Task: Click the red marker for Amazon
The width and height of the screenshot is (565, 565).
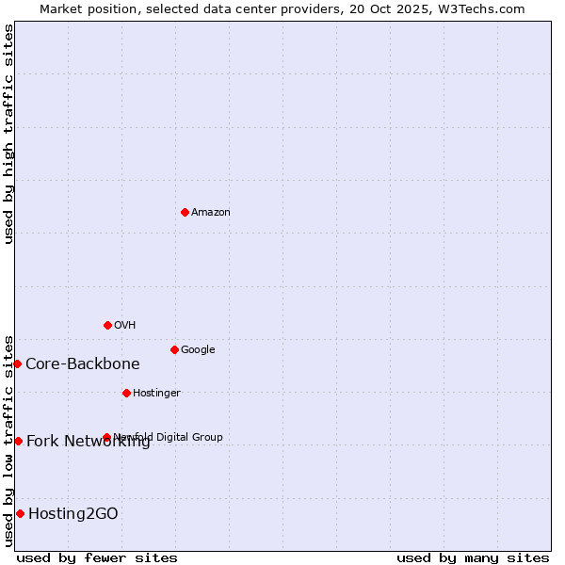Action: pyautogui.click(x=185, y=212)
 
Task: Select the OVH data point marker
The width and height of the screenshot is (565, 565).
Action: pyautogui.click(x=107, y=325)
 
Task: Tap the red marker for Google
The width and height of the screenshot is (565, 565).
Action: pyautogui.click(x=174, y=349)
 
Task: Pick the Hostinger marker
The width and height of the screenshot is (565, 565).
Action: pyautogui.click(x=126, y=393)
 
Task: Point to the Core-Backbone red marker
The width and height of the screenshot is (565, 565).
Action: pyautogui.click(x=17, y=363)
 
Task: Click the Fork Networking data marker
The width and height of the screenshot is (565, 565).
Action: pyautogui.click(x=18, y=441)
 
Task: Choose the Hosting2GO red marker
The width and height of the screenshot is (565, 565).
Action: pyautogui.click(x=20, y=513)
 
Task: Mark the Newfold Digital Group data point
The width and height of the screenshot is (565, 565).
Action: pyautogui.click(x=106, y=437)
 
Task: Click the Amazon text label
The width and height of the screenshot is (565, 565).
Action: pyautogui.click(x=211, y=212)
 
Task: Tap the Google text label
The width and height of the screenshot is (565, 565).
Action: pyautogui.click(x=198, y=349)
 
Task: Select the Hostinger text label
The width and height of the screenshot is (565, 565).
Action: pyautogui.click(x=156, y=393)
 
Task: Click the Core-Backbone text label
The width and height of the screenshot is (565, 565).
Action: pyautogui.click(x=83, y=363)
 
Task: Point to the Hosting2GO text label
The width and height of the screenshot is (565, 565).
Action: pyautogui.click(x=73, y=513)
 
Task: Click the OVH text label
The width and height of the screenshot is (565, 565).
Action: pyautogui.click(x=125, y=325)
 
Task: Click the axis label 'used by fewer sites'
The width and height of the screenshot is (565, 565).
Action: pyautogui.click(x=97, y=557)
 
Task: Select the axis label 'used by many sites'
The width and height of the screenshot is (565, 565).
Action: pyautogui.click(x=473, y=557)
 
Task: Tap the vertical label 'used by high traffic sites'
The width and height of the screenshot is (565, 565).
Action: pyautogui.click(x=8, y=134)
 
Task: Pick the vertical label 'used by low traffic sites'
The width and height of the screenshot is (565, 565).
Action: pyautogui.click(x=8, y=441)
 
